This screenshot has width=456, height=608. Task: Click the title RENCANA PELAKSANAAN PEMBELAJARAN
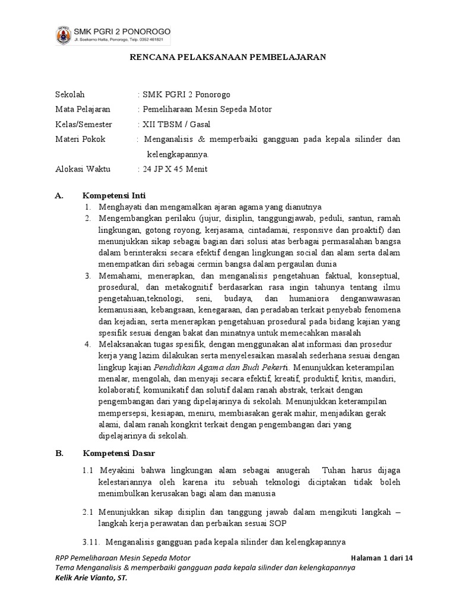click(228, 57)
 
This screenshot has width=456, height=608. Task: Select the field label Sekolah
click(70, 94)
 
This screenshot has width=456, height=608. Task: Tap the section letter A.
click(58, 195)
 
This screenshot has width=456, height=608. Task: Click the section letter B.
click(58, 454)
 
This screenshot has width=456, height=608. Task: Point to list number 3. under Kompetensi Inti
click(87, 276)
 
